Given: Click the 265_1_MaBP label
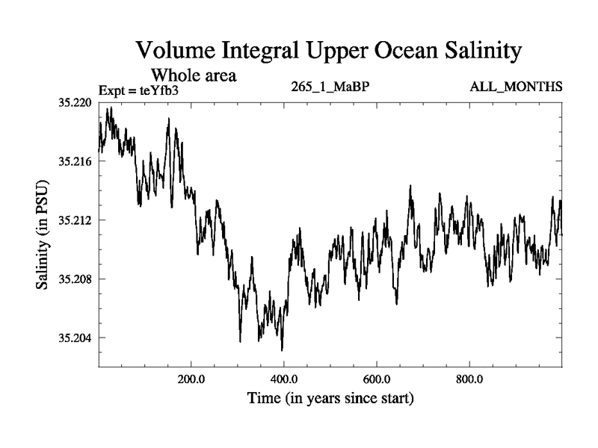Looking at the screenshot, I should tap(330, 87).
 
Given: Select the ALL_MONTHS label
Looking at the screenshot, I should tap(516, 87).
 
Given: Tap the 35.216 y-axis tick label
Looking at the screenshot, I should tap(73, 161).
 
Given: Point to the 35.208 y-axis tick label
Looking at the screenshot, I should tap(73, 279).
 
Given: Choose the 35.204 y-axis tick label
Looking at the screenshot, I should tap(73, 337).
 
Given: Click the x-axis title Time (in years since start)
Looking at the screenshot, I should tap(330, 399).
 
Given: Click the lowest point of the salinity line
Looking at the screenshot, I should tap(282, 350).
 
